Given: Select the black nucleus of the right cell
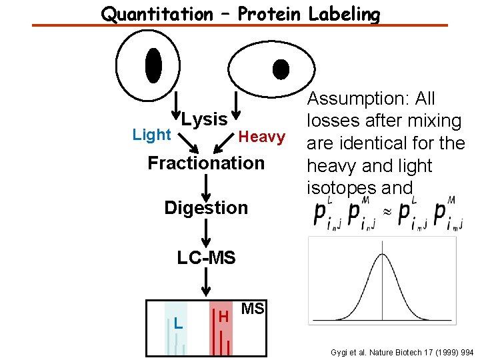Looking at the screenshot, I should (x=281, y=69).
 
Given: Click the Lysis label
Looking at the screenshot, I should (x=204, y=119).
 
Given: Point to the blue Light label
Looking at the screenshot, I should (x=151, y=135).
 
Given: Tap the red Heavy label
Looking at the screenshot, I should (x=262, y=137).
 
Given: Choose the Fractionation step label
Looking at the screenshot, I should (x=206, y=163).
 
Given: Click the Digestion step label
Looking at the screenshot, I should (x=206, y=207).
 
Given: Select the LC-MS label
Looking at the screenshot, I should (x=206, y=257).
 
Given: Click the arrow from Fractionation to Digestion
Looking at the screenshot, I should (x=206, y=184).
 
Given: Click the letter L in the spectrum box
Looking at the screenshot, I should (x=177, y=323).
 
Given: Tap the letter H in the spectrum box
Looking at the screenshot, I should (x=223, y=315).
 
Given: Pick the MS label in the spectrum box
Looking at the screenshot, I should (x=252, y=309).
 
